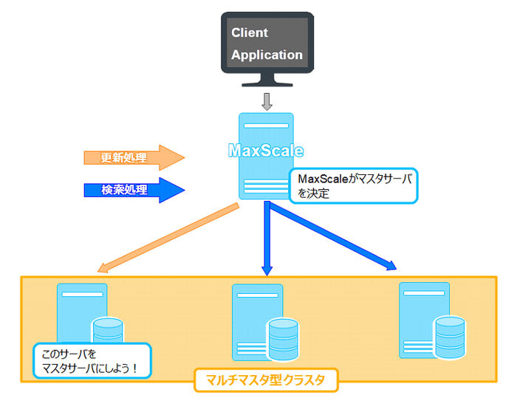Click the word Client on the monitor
pos(250,32)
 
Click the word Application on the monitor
pos(267,55)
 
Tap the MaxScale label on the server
pos(266,151)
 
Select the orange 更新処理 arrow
pos(133,157)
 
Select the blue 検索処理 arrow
pos(133,190)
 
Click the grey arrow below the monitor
pos(267,99)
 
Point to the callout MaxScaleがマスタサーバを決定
pos(354,186)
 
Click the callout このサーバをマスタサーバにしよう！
pos(92,360)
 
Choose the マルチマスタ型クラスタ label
pos(266,381)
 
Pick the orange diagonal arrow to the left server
pos(170,236)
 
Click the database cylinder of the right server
pos(450,335)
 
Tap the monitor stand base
pos(267,83)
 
